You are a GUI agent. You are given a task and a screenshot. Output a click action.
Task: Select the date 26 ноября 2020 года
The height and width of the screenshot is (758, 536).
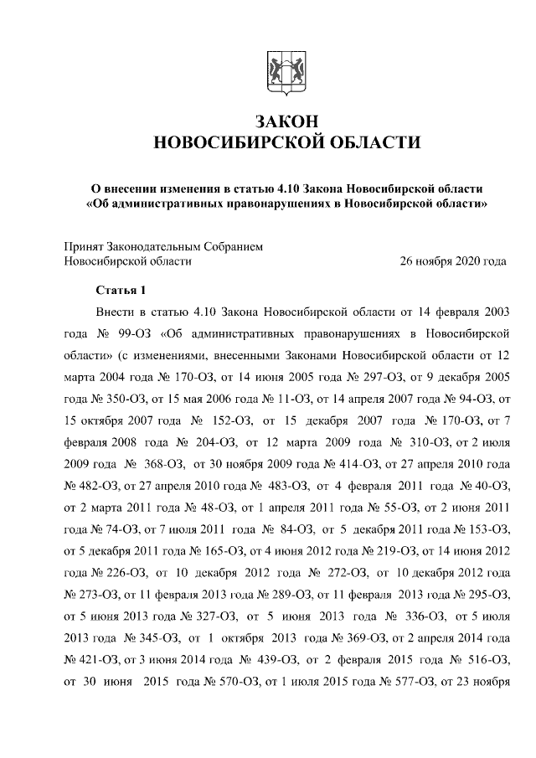click(454, 261)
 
